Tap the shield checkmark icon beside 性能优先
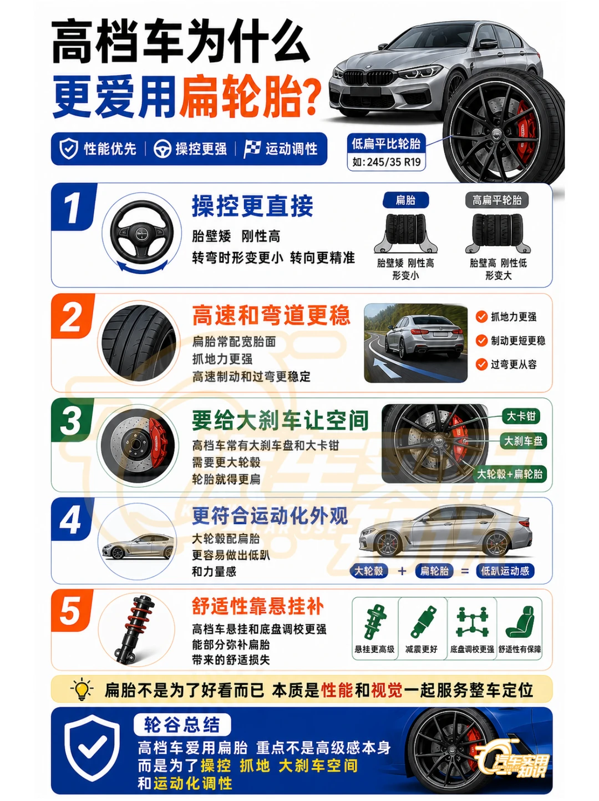click(x=69, y=149)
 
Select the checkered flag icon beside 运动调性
click(x=252, y=149)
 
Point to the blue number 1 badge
click(x=73, y=207)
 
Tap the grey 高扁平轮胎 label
click(x=496, y=200)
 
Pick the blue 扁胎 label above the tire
click(x=405, y=200)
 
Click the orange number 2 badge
click(x=72, y=316)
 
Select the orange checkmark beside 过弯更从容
click(x=481, y=364)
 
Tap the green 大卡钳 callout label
click(x=521, y=416)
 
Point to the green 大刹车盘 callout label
click(x=523, y=441)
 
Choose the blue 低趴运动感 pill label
click(x=505, y=571)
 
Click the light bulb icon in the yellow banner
click(x=82, y=689)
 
